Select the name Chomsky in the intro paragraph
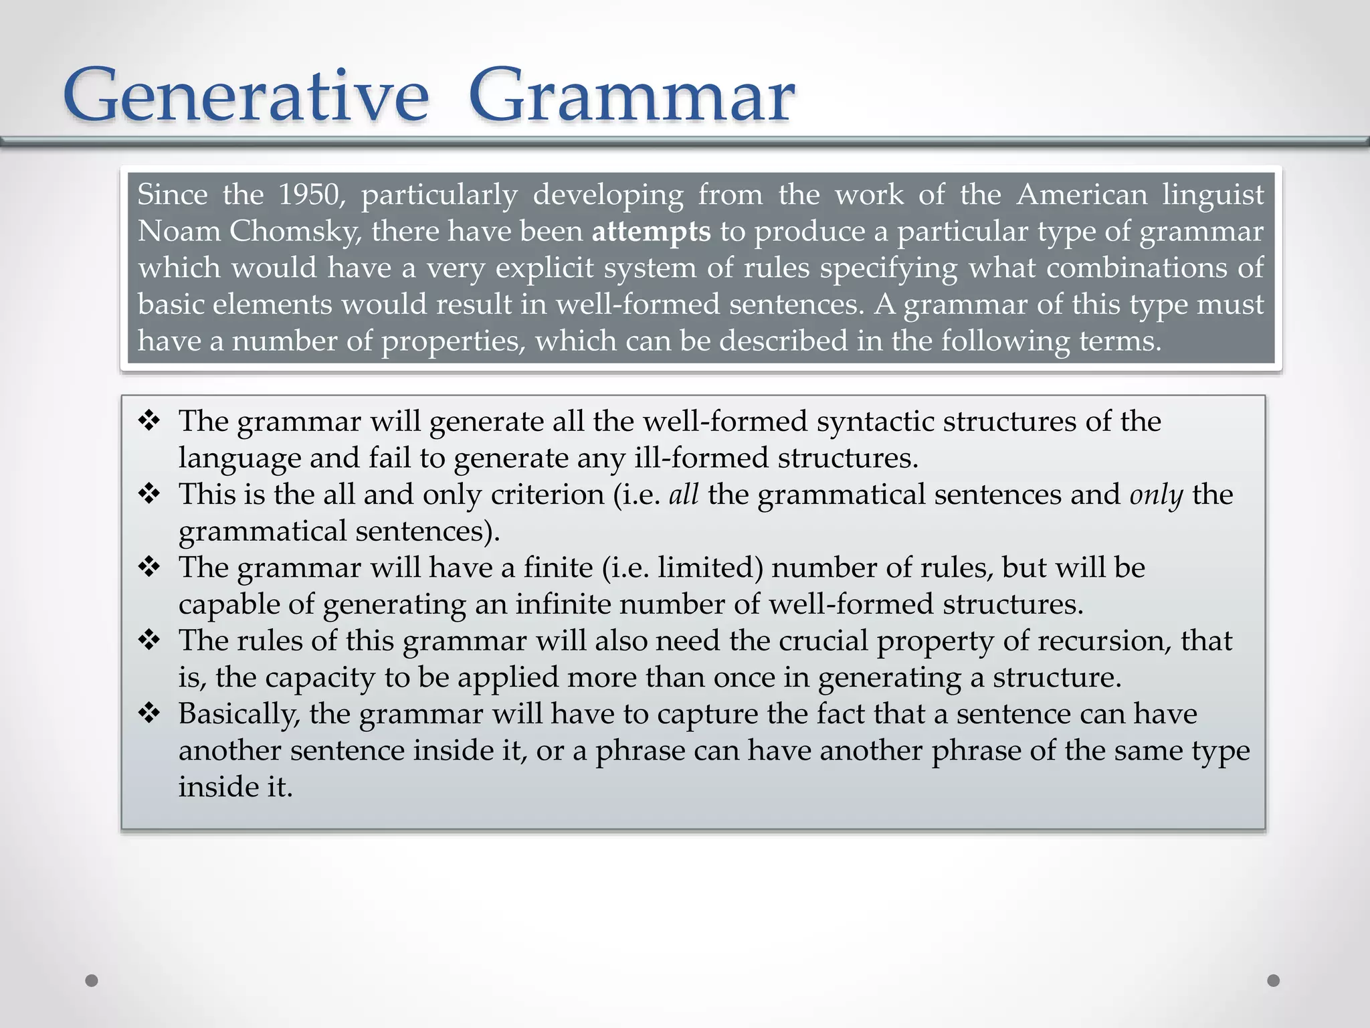pos(295,232)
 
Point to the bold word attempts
pos(651,232)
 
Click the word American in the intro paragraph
pos(1082,195)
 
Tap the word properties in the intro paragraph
pos(453,342)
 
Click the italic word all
pos(684,495)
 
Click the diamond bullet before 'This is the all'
pos(149,494)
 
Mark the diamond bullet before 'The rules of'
pos(149,640)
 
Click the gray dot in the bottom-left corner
pos(92,980)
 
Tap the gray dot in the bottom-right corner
pos(1274,980)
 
